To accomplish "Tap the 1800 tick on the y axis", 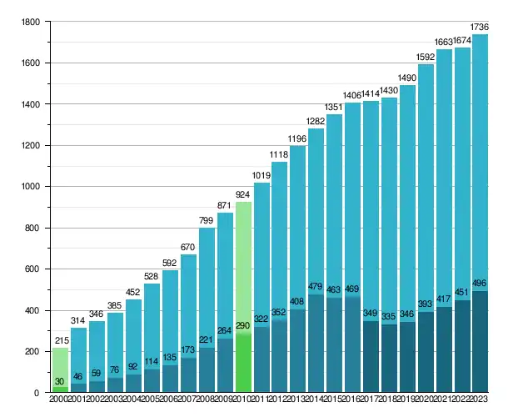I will click(31, 22).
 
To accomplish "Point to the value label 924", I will click(244, 194).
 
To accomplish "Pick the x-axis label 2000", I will click(60, 400).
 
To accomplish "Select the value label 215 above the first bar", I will click(60, 340).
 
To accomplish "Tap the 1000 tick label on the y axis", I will click(31, 187).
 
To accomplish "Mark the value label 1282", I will click(316, 121).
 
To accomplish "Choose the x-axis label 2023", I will click(480, 400).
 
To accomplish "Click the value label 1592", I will click(426, 58).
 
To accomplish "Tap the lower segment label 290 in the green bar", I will click(244, 324).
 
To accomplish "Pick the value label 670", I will click(189, 247).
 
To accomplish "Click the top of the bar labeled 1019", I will click(262, 183).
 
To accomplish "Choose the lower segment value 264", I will click(226, 329).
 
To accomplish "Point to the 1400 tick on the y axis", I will click(31, 104).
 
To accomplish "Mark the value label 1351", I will click(334, 107).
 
